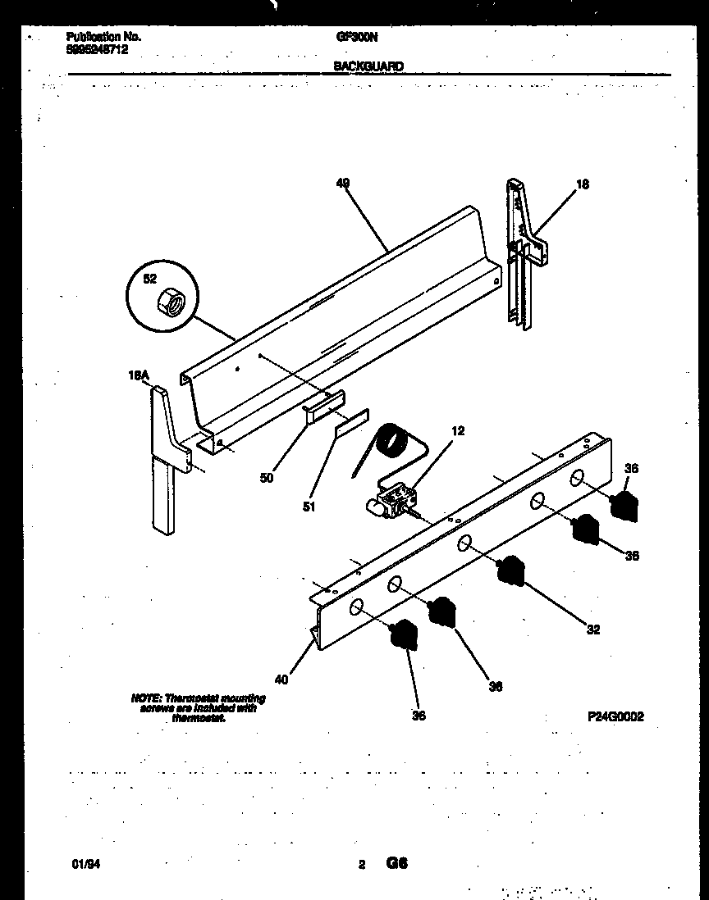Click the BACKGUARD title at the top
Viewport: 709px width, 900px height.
coord(368,67)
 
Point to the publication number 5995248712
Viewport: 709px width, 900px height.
coord(97,49)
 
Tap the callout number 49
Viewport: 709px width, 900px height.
coord(343,184)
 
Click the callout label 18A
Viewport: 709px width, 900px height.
coord(139,375)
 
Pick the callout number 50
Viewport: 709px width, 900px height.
coord(267,477)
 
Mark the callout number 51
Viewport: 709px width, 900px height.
coord(309,506)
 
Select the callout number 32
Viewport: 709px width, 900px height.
coord(592,630)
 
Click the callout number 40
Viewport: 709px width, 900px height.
coord(281,679)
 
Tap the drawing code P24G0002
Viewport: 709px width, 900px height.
coord(615,716)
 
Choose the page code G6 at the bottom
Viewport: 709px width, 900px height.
coord(397,863)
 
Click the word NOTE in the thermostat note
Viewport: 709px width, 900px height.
coord(144,698)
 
